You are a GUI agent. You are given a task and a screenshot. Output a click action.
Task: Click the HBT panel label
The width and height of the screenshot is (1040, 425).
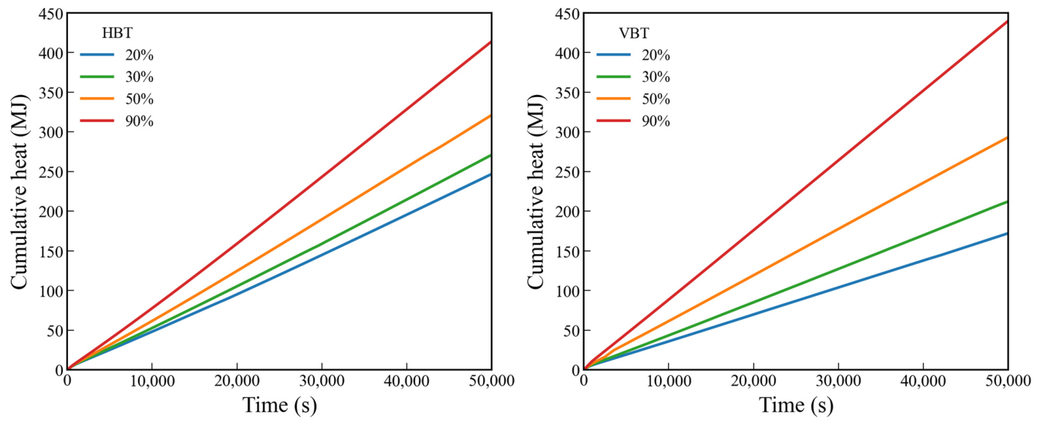pos(117,33)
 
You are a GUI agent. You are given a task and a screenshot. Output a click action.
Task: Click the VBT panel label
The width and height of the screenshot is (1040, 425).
pos(634,33)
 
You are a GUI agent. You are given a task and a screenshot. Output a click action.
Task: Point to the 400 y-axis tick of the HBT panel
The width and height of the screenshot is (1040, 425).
pos(50,53)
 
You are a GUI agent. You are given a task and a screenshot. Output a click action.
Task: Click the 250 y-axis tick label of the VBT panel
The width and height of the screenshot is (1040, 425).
pos(567,172)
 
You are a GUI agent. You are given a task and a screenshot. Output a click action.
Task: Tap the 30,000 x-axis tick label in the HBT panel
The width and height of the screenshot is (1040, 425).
pos(322,381)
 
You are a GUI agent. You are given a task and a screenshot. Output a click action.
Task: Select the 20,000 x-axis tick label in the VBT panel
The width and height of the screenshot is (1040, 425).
pos(753,381)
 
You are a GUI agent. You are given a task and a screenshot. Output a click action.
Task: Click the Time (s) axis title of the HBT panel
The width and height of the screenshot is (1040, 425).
pos(279,405)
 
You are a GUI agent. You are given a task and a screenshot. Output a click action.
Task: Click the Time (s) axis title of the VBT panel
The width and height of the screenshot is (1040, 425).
pos(796,405)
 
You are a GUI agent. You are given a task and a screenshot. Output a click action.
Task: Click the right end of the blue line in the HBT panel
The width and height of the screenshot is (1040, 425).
pos(491,175)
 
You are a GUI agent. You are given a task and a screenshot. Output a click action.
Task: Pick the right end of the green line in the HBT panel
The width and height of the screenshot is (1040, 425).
pos(491,155)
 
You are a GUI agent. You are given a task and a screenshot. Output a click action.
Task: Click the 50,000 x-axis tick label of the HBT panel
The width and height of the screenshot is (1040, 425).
pos(491,381)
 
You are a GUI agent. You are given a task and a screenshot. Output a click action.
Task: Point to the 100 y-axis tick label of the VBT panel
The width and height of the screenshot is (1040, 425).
pos(567,291)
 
